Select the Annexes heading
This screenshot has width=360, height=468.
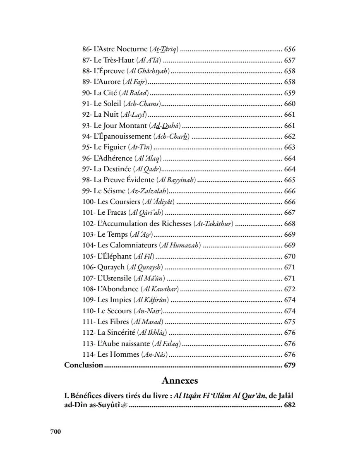coord(180,380)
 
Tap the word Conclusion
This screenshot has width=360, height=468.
coord(84,365)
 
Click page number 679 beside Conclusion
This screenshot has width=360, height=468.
coord(290,365)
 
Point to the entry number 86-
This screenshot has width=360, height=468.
coord(87,49)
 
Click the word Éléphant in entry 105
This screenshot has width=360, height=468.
coord(116,256)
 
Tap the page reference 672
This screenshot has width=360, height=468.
coord(290,289)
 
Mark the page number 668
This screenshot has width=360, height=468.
coord(290,223)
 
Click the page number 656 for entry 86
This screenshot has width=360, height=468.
coord(290,49)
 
